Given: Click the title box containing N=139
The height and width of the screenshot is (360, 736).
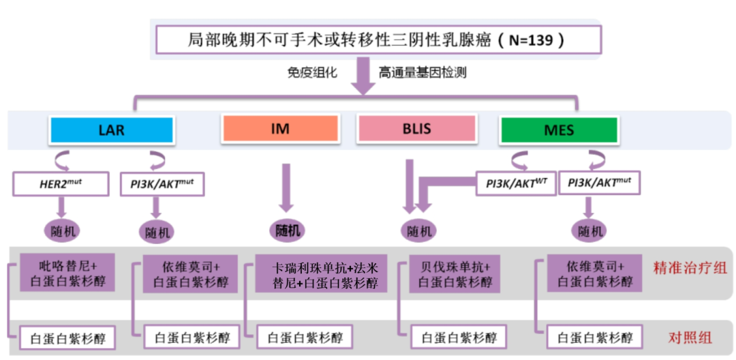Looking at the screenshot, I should [378, 40].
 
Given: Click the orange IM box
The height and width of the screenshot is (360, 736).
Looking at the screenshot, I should [280, 128].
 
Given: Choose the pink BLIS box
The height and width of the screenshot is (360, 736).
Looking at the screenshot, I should [416, 128].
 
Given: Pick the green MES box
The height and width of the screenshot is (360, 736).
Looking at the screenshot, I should [559, 130].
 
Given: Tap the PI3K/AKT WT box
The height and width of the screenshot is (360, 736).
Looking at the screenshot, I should [516, 183].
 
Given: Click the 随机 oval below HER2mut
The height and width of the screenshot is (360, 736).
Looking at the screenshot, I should [64, 231].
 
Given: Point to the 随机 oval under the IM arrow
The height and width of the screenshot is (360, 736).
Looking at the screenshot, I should [288, 230].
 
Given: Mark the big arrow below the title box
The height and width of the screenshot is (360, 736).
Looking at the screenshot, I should [364, 79].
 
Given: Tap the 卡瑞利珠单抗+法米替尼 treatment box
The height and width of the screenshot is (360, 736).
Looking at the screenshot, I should [320, 273].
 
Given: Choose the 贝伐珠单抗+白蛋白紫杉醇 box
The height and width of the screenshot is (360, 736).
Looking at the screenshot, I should [455, 273].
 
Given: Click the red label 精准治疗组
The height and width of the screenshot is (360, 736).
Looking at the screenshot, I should [690, 267].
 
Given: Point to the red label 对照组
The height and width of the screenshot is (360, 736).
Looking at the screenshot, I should [690, 337].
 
